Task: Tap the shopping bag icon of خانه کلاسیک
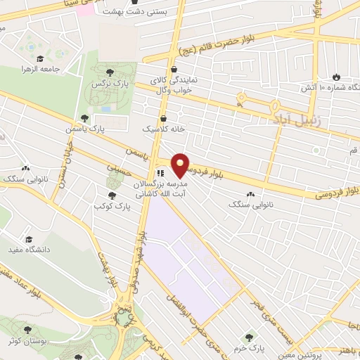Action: coord(164,118)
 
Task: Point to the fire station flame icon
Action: coord(336,77)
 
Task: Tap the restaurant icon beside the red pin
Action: coord(160,172)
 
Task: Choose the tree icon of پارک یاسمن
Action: coord(85,119)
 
